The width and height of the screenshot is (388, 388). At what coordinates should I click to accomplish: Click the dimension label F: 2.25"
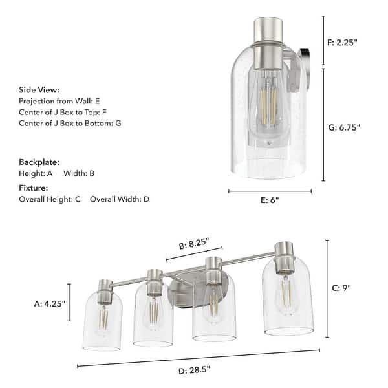(343, 43)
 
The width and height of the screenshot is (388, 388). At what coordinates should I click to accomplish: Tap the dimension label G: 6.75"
(344, 127)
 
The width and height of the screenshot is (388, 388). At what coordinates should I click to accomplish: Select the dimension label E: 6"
(270, 200)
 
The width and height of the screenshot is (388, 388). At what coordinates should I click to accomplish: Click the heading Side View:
(39, 90)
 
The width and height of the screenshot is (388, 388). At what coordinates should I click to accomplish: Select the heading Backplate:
(39, 162)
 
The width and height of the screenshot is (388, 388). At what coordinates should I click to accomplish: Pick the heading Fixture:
(34, 188)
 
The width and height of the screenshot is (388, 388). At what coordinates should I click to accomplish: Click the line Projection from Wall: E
(59, 101)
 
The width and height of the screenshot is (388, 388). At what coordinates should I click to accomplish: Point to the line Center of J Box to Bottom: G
(70, 122)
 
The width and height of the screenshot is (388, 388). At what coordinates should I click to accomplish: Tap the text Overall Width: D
(120, 199)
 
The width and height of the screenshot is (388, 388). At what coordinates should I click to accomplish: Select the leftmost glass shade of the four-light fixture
(103, 323)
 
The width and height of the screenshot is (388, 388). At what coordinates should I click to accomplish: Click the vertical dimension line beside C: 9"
(327, 288)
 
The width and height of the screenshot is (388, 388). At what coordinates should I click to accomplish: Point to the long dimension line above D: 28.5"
(198, 358)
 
